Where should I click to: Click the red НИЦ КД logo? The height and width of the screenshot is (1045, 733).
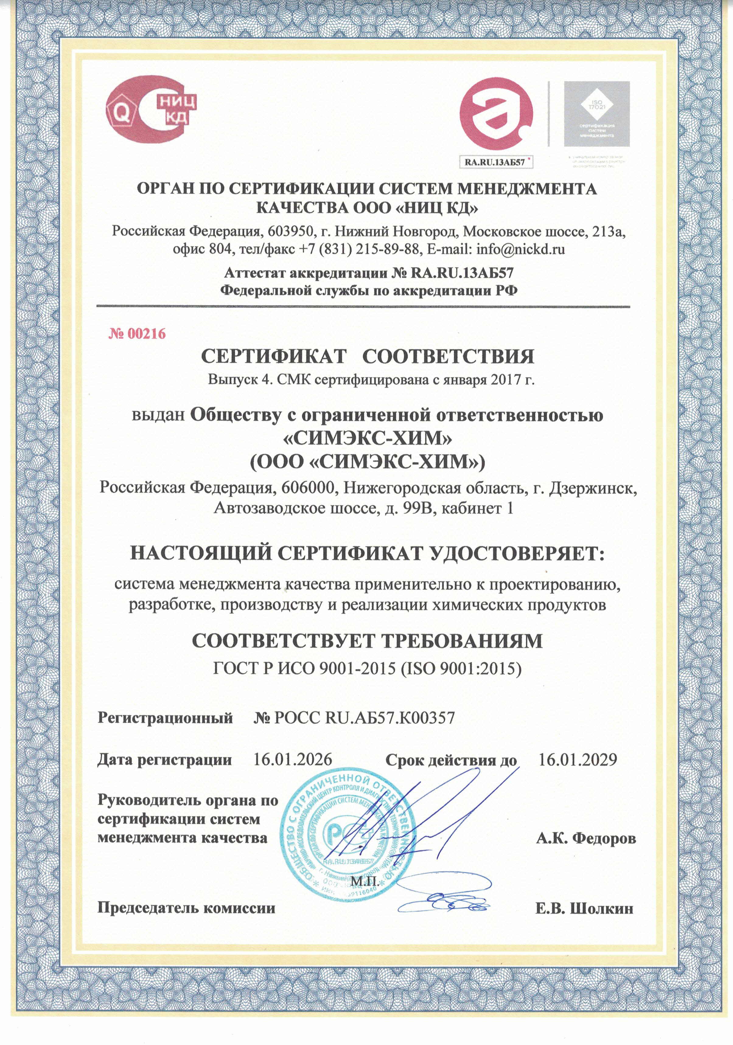click(x=152, y=109)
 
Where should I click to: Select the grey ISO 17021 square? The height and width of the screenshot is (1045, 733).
click(x=597, y=114)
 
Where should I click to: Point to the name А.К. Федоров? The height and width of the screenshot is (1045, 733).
click(x=586, y=838)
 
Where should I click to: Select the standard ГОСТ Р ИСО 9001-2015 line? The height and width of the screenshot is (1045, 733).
click(x=367, y=668)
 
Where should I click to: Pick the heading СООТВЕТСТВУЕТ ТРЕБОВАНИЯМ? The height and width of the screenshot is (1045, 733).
click(x=367, y=641)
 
